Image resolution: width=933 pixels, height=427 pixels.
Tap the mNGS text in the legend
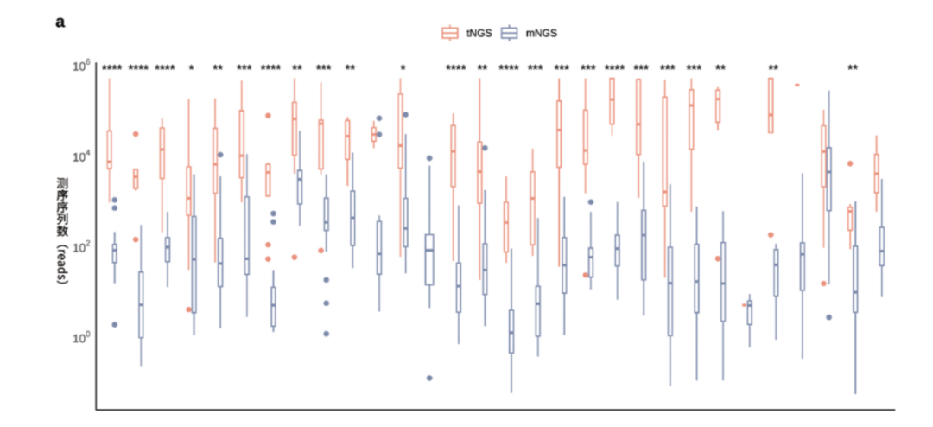click(x=541, y=33)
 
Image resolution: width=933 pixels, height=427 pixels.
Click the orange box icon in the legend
click(x=449, y=33)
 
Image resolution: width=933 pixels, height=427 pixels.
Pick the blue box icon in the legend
click(x=511, y=33)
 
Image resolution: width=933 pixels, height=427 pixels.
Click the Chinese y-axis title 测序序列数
click(x=62, y=207)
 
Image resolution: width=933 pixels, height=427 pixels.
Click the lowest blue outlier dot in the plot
click(x=429, y=378)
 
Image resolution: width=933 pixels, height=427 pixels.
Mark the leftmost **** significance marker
click(x=112, y=68)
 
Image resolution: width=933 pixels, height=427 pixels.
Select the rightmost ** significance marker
click(x=853, y=68)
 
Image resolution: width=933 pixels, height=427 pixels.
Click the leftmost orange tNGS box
click(x=109, y=149)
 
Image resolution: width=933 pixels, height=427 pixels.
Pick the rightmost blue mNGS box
click(x=882, y=245)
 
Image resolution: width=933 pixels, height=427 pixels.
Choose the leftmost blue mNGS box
click(x=114, y=253)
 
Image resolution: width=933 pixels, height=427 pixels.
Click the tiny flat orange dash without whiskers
click(x=796, y=85)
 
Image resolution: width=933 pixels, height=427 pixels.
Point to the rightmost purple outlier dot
click(x=828, y=317)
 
